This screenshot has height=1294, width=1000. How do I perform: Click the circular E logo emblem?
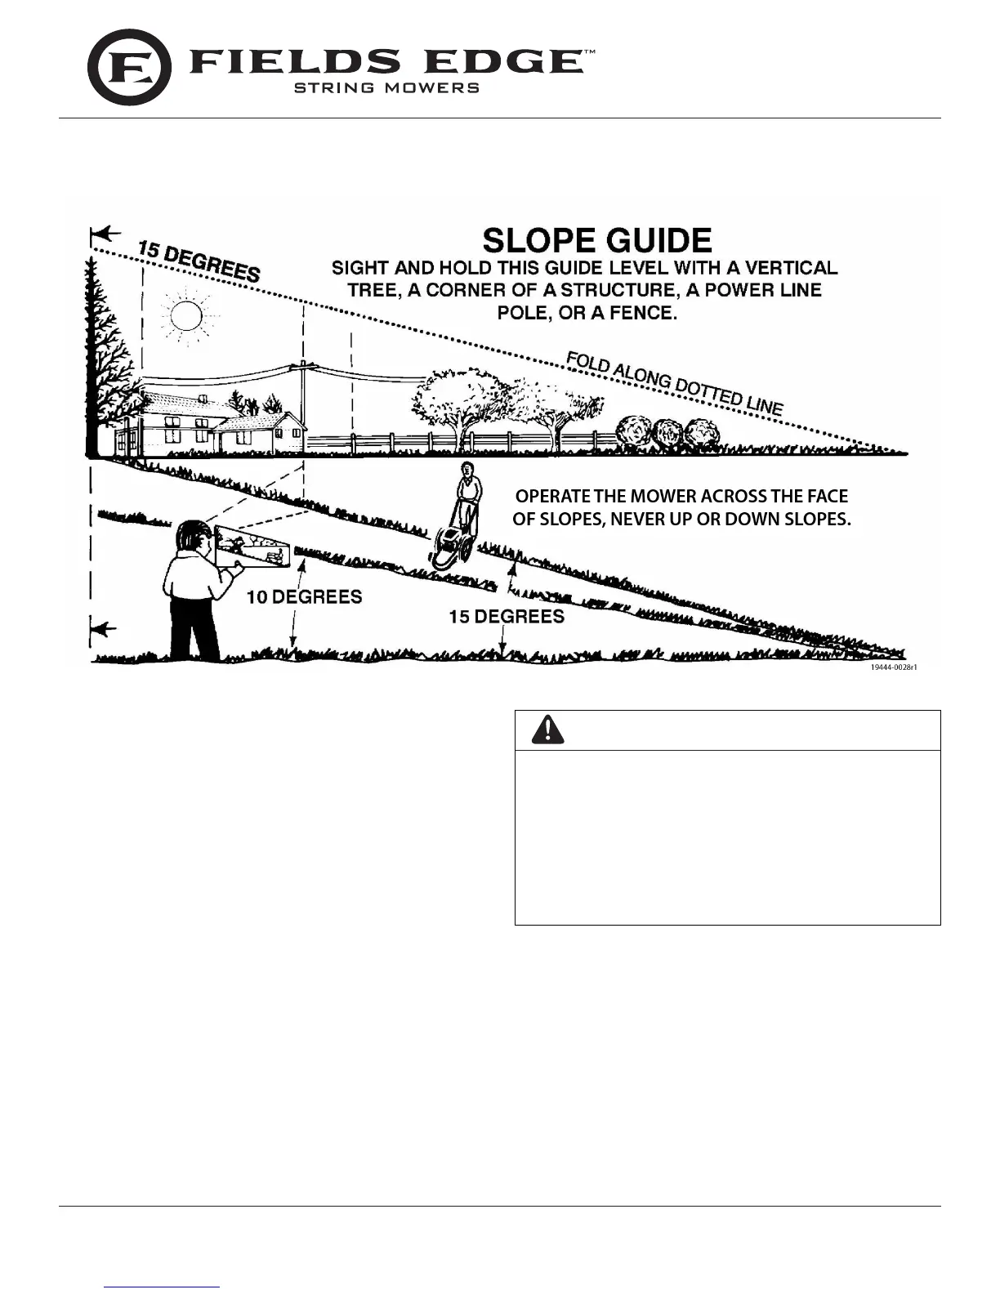pyautogui.click(x=129, y=68)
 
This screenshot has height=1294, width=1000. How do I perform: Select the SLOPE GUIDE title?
pyautogui.click(x=597, y=241)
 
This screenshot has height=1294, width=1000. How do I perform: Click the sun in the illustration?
pyautogui.click(x=186, y=315)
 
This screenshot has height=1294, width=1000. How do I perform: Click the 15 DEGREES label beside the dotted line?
pyautogui.click(x=199, y=261)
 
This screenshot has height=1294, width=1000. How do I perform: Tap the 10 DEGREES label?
pyautogui.click(x=304, y=597)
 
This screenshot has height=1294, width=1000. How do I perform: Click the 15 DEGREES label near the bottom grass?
pyautogui.click(x=507, y=617)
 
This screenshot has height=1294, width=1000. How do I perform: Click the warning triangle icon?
pyautogui.click(x=547, y=730)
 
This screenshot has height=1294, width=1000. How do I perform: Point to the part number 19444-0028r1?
pyautogui.click(x=894, y=667)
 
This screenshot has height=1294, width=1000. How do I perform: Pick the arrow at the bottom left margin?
pyautogui.click(x=103, y=629)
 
